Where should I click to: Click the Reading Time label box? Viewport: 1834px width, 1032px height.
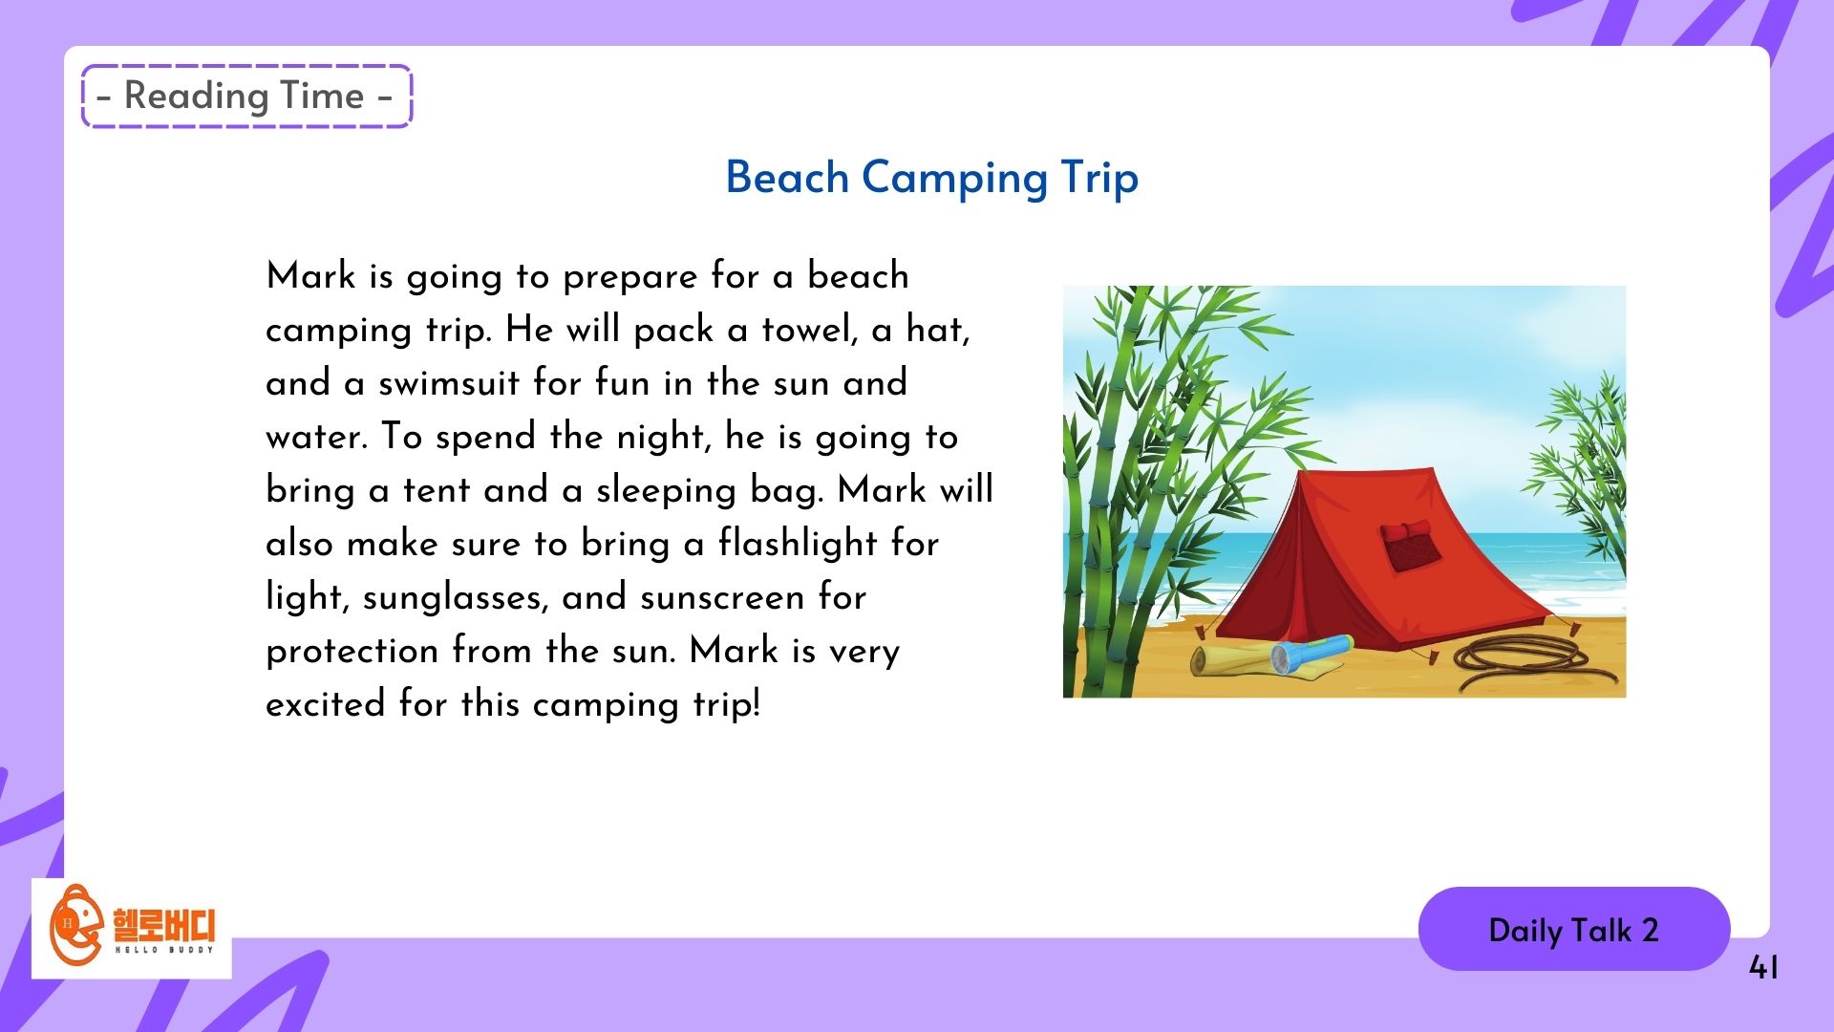coord(246,96)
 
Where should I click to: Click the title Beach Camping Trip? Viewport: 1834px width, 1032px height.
coord(932,178)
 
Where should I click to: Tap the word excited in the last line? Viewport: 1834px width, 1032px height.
coord(325,704)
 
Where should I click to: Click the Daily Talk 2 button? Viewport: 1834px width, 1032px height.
coord(1574,929)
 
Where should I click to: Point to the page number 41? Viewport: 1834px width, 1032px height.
coord(1763,968)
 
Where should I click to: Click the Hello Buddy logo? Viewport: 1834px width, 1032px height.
coord(132,928)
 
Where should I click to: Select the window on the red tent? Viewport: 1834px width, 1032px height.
coord(1406,545)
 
